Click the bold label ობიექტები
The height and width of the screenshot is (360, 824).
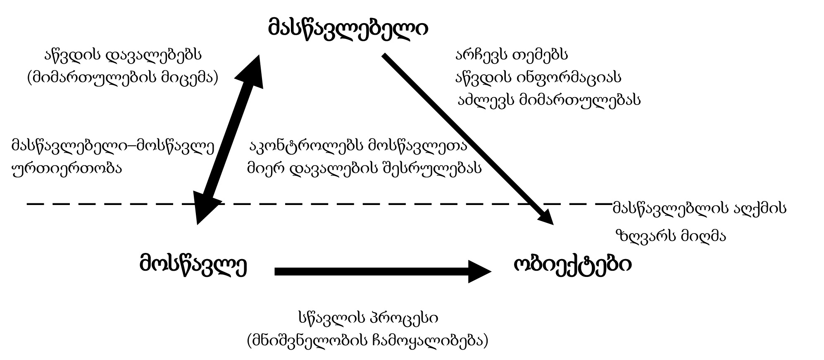[x=572, y=265]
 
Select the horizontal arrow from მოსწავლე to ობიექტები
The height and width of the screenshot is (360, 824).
[x=372, y=272]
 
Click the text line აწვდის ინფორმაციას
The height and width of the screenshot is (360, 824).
[x=538, y=77]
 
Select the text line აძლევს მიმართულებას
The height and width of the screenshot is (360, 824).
[x=549, y=100]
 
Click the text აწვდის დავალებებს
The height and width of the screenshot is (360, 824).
[x=123, y=54]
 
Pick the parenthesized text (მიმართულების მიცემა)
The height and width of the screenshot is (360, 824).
[x=123, y=77]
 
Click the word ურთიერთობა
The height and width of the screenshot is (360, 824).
[x=67, y=168]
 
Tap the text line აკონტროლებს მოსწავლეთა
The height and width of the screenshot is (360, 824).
[x=358, y=145]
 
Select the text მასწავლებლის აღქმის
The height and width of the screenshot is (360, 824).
[x=699, y=208]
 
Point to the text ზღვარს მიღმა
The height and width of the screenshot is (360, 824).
[x=670, y=236]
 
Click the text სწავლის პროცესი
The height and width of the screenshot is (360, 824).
[x=368, y=318]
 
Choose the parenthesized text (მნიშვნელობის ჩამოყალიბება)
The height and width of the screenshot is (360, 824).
[x=368, y=341]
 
